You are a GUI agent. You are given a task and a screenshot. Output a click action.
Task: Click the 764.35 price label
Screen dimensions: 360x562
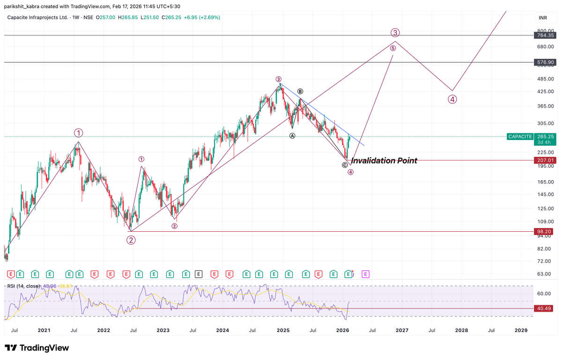point(546,35)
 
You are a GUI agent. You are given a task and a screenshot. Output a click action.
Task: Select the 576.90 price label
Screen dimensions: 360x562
point(546,62)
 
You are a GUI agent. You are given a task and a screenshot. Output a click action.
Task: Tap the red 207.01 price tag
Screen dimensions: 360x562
point(546,160)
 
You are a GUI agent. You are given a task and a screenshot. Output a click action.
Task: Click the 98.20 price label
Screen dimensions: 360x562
point(546,231)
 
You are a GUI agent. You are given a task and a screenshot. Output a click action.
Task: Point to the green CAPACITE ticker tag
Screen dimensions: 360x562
point(520,136)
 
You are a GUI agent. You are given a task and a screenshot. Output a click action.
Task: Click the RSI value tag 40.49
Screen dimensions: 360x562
point(546,309)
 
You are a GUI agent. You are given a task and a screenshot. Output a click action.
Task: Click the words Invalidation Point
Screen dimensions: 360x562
point(384,161)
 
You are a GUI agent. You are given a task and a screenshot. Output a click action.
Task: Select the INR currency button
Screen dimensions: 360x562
point(542,18)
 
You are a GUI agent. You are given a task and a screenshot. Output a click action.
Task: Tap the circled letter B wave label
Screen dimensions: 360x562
point(300,91)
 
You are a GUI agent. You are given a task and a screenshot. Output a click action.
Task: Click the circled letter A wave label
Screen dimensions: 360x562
point(292,135)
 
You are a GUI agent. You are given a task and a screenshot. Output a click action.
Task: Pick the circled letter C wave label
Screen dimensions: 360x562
point(345,165)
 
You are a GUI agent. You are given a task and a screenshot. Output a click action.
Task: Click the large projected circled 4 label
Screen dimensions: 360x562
point(452,99)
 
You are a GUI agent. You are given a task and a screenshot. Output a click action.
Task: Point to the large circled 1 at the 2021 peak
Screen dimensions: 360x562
point(78,132)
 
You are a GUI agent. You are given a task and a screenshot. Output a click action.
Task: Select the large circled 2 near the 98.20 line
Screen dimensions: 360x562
point(131,240)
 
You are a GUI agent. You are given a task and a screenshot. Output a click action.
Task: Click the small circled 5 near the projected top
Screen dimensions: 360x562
point(393,48)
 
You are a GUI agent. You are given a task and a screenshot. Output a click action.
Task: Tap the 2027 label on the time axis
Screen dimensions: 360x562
point(402,330)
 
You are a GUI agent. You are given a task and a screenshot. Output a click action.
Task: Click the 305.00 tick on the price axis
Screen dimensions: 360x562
point(545,123)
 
